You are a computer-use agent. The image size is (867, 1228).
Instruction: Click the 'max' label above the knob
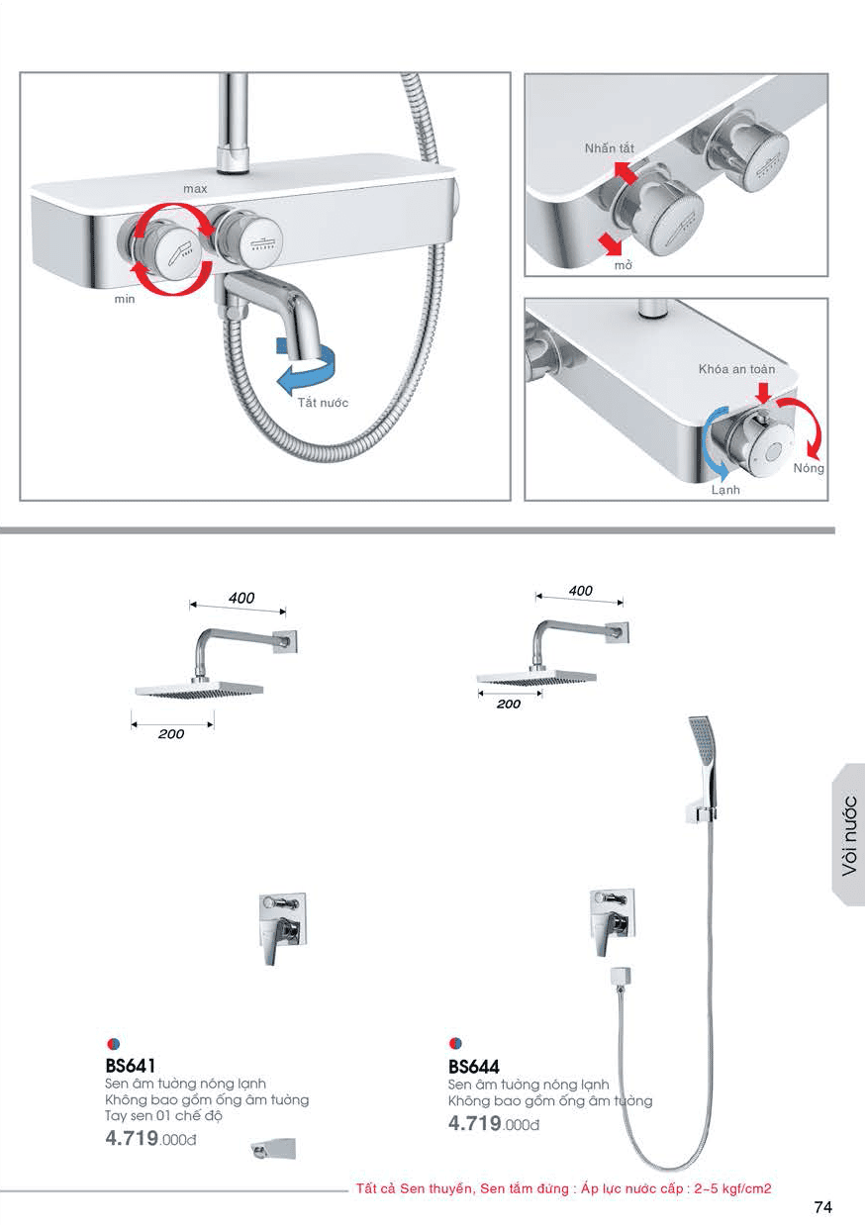[195, 189]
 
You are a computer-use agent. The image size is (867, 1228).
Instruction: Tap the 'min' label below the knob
[125, 299]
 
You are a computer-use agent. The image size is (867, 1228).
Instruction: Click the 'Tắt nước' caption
[323, 403]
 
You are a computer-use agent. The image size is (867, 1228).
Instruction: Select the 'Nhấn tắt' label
[610, 148]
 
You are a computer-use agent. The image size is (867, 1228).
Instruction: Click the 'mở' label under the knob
[623, 265]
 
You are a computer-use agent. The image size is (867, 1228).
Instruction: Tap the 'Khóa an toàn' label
[736, 369]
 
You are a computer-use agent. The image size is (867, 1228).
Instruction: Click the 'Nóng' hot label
[809, 468]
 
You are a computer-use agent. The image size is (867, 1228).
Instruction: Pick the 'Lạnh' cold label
[725, 490]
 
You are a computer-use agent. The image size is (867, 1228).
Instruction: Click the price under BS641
[150, 1138]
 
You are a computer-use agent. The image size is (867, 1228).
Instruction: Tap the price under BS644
[494, 1123]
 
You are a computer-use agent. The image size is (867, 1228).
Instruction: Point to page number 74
[823, 1206]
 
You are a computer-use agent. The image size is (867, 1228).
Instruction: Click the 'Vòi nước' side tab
[849, 835]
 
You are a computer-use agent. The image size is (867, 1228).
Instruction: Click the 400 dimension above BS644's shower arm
[580, 591]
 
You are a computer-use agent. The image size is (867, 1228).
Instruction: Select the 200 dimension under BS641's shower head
[171, 733]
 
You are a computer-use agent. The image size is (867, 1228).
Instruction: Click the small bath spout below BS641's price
[273, 1149]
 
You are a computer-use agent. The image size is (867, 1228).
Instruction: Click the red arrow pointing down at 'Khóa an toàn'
[763, 392]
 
